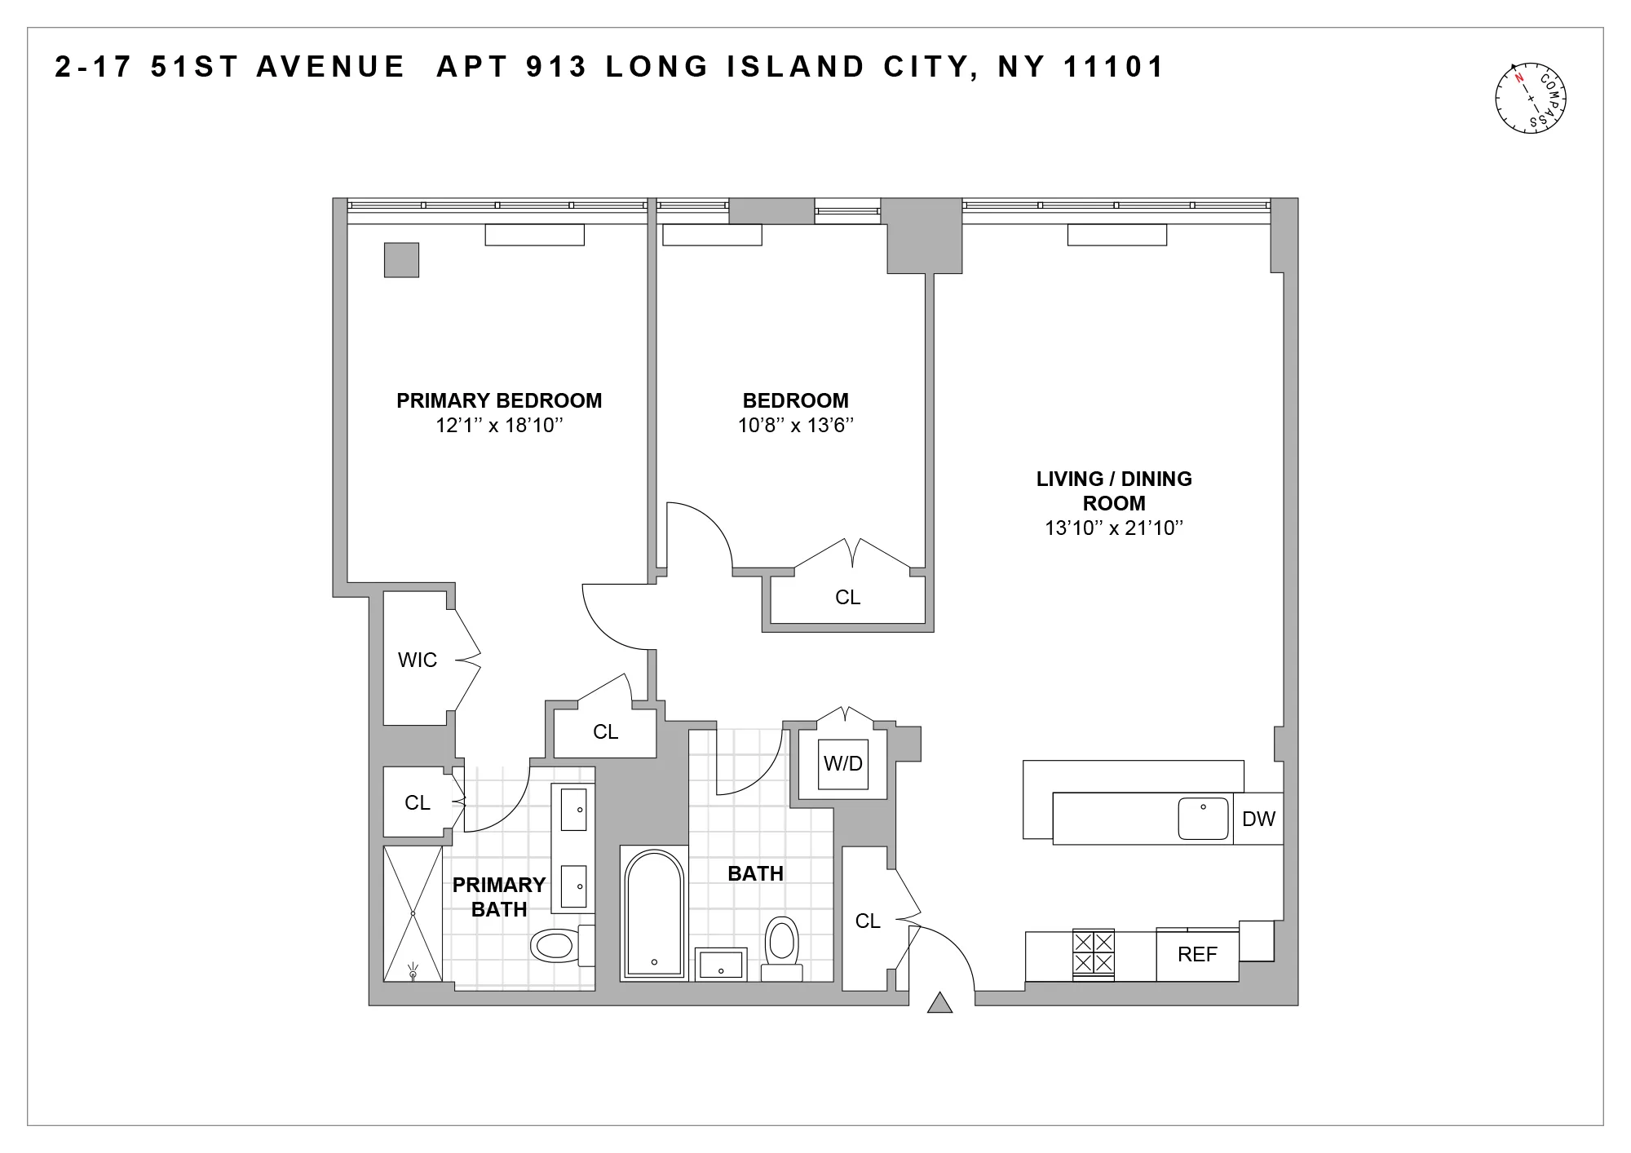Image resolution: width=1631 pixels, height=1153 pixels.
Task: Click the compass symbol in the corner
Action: tap(1531, 98)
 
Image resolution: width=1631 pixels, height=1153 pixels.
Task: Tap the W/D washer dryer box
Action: tap(843, 764)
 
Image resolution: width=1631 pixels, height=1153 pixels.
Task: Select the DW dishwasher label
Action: tap(1258, 819)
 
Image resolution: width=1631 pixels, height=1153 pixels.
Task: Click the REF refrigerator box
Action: tap(1197, 954)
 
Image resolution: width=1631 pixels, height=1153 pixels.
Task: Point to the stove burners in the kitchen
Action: tap(1093, 952)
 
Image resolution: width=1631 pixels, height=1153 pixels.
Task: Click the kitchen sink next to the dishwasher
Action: tap(1203, 818)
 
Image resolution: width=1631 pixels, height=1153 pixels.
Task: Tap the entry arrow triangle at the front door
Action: tap(940, 1002)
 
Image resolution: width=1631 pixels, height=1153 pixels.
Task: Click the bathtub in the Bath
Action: tap(653, 913)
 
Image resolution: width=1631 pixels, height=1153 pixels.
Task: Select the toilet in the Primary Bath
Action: tap(555, 945)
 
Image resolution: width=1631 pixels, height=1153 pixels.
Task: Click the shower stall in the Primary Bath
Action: tap(413, 913)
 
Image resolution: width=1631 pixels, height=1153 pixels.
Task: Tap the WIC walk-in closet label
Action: tap(418, 660)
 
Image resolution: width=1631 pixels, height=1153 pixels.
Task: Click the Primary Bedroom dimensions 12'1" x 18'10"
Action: tap(499, 425)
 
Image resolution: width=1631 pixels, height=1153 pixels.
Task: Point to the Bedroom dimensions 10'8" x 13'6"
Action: tap(795, 425)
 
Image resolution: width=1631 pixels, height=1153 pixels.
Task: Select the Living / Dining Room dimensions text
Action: tap(1114, 528)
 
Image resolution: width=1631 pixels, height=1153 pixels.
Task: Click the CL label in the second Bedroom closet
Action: tap(848, 598)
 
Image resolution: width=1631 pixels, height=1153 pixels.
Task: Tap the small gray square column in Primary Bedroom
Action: tap(401, 260)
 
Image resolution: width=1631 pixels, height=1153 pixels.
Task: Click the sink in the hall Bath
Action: tap(721, 965)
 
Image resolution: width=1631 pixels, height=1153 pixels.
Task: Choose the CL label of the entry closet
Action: tap(868, 921)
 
